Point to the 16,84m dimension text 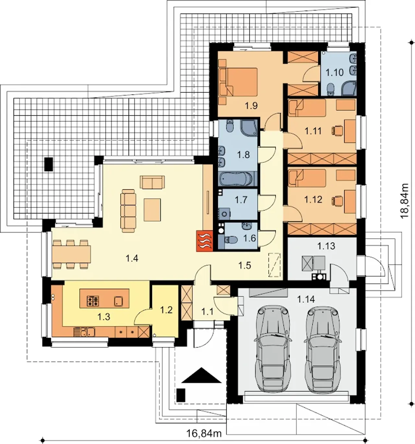tap(204, 434)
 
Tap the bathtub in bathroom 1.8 tap(236, 179)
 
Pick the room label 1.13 tap(326, 246)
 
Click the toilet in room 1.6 tap(230, 240)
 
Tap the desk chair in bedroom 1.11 tap(337, 130)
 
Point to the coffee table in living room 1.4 tap(152, 210)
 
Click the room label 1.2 tap(166, 310)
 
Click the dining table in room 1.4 tap(72, 254)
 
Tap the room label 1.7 tap(241, 199)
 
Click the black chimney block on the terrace tap(49, 164)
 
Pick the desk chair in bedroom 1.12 tap(337, 200)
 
